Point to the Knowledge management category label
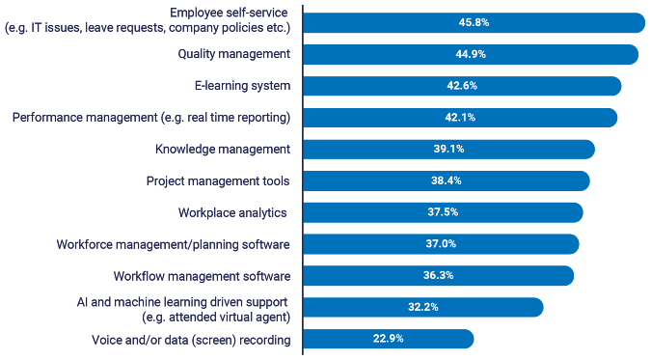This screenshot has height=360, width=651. pyautogui.click(x=223, y=149)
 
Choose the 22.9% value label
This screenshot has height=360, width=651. pyautogui.click(x=388, y=339)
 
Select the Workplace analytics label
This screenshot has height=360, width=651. pyautogui.click(x=233, y=211)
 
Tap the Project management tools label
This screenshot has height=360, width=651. pyautogui.click(x=218, y=180)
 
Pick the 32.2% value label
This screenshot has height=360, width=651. pyautogui.click(x=422, y=307)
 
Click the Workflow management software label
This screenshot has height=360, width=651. pyautogui.click(x=202, y=275)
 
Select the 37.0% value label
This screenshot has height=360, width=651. pyautogui.click(x=440, y=244)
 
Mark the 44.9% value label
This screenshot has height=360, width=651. pyautogui.click(x=470, y=55)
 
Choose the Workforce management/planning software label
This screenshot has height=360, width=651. pyautogui.click(x=174, y=243)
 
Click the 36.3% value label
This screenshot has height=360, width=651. pyautogui.click(x=438, y=275)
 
